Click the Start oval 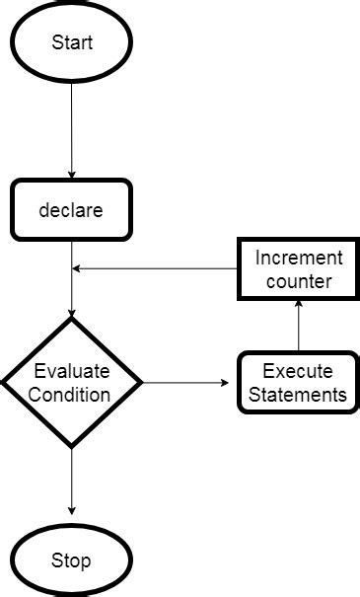[71, 43]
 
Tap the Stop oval [71, 560]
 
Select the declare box [71, 209]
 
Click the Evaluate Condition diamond [71, 382]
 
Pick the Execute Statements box [297, 383]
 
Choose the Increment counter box [298, 269]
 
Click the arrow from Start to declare [71, 128]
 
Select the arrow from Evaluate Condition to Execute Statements [187, 382]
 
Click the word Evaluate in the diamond [71, 372]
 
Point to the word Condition [71, 394]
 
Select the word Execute [297, 372]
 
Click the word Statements [297, 395]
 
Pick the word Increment [298, 259]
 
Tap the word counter [298, 281]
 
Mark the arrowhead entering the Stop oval [71, 509]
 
